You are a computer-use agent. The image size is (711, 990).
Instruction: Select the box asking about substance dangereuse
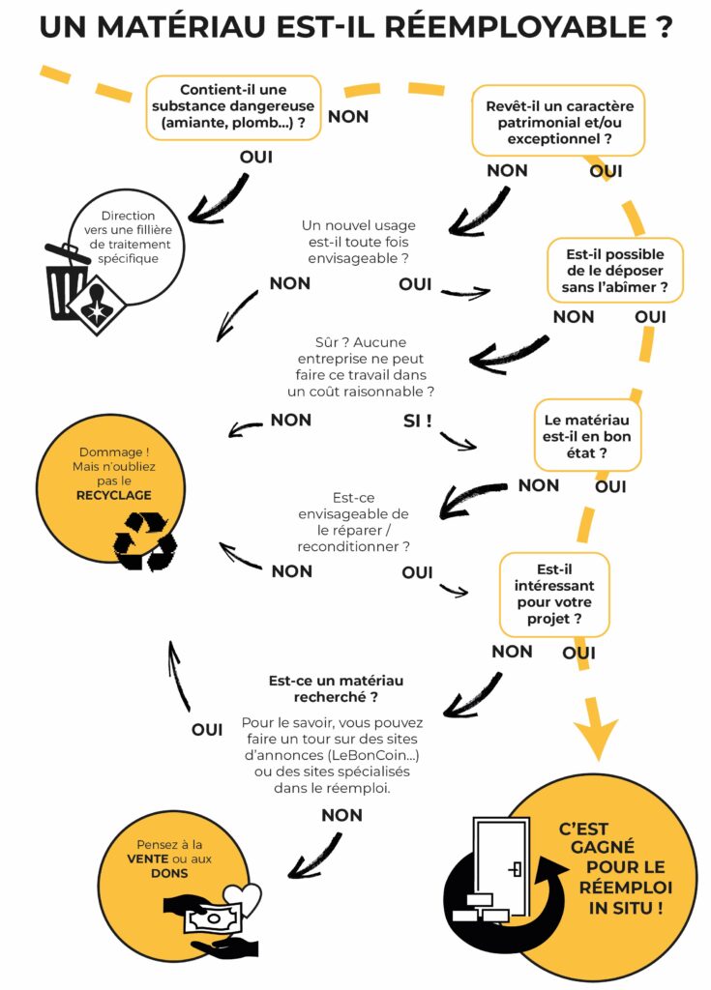(234, 107)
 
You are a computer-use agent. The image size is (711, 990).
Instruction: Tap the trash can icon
(69, 281)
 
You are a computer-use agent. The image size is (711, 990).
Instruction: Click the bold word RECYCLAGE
(114, 495)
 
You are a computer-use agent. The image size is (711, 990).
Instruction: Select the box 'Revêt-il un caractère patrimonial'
(558, 121)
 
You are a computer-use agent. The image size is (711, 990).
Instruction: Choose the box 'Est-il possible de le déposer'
(615, 271)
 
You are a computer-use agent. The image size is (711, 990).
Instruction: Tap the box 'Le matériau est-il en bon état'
(587, 436)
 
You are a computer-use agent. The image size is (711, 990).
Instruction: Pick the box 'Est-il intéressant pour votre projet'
(553, 594)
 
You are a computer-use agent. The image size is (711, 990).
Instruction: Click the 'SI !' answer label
(417, 421)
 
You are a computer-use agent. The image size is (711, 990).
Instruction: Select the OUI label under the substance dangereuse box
(256, 156)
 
